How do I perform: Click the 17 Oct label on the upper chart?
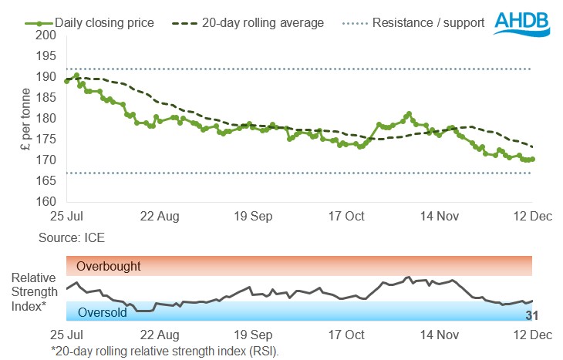click(x=346, y=216)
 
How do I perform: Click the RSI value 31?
click(x=531, y=315)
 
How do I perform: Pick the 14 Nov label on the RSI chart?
click(x=438, y=336)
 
